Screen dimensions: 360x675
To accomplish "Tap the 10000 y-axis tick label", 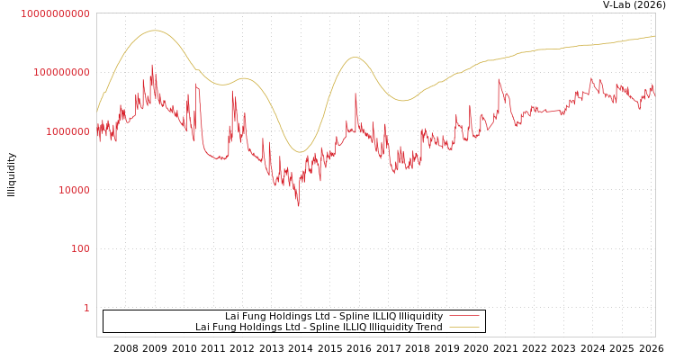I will [72, 190].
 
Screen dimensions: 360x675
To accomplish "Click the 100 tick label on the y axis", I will [80, 248].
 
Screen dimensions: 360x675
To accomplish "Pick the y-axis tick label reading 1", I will [86, 308].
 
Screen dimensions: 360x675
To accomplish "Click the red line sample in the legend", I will [463, 316].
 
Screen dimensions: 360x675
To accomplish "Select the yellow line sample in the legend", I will [463, 327].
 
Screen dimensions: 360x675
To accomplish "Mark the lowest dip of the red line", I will [299, 206].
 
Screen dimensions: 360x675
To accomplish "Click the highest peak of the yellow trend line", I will [155, 31].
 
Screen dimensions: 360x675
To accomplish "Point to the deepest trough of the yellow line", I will [301, 152].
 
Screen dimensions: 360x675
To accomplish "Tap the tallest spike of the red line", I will [152, 65].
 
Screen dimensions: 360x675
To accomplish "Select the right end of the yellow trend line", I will [654, 36].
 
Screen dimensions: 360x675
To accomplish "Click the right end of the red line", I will [654, 94].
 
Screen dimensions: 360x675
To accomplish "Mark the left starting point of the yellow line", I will [97, 111].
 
